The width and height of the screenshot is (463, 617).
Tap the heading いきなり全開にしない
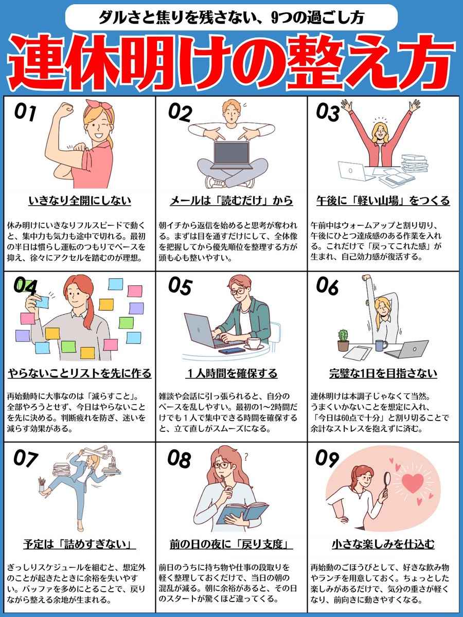coord(79,200)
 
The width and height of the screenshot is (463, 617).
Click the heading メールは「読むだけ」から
coord(231,200)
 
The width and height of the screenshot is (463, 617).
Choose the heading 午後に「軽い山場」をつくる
coord(383,200)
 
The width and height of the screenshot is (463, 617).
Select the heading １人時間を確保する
coord(231,373)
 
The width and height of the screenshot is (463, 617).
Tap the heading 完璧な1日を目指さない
coord(383,373)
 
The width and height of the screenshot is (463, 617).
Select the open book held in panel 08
coord(242,512)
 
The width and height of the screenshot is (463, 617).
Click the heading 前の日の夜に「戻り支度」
coord(231,544)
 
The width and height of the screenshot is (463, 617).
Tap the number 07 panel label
coord(26,459)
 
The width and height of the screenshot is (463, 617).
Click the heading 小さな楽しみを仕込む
coord(383,544)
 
